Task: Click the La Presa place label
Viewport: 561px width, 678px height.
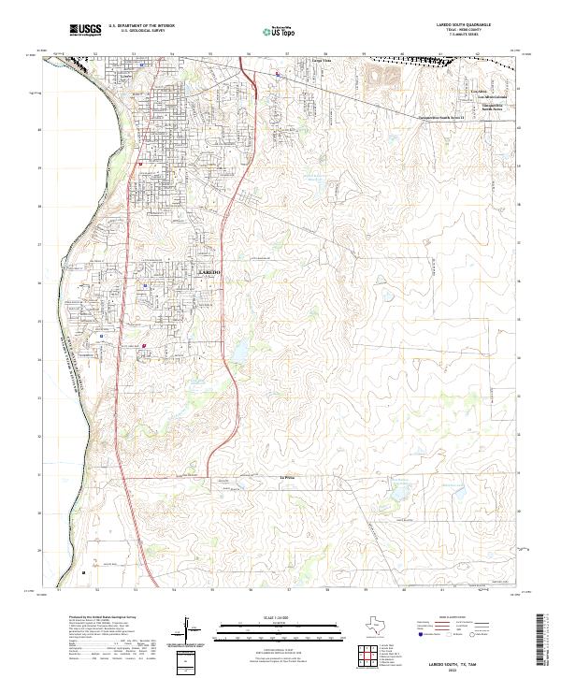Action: pyautogui.click(x=289, y=479)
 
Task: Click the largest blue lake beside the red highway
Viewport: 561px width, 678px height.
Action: pyautogui.click(x=237, y=352)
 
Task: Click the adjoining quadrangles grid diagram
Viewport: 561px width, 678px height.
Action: pyautogui.click(x=367, y=655)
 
